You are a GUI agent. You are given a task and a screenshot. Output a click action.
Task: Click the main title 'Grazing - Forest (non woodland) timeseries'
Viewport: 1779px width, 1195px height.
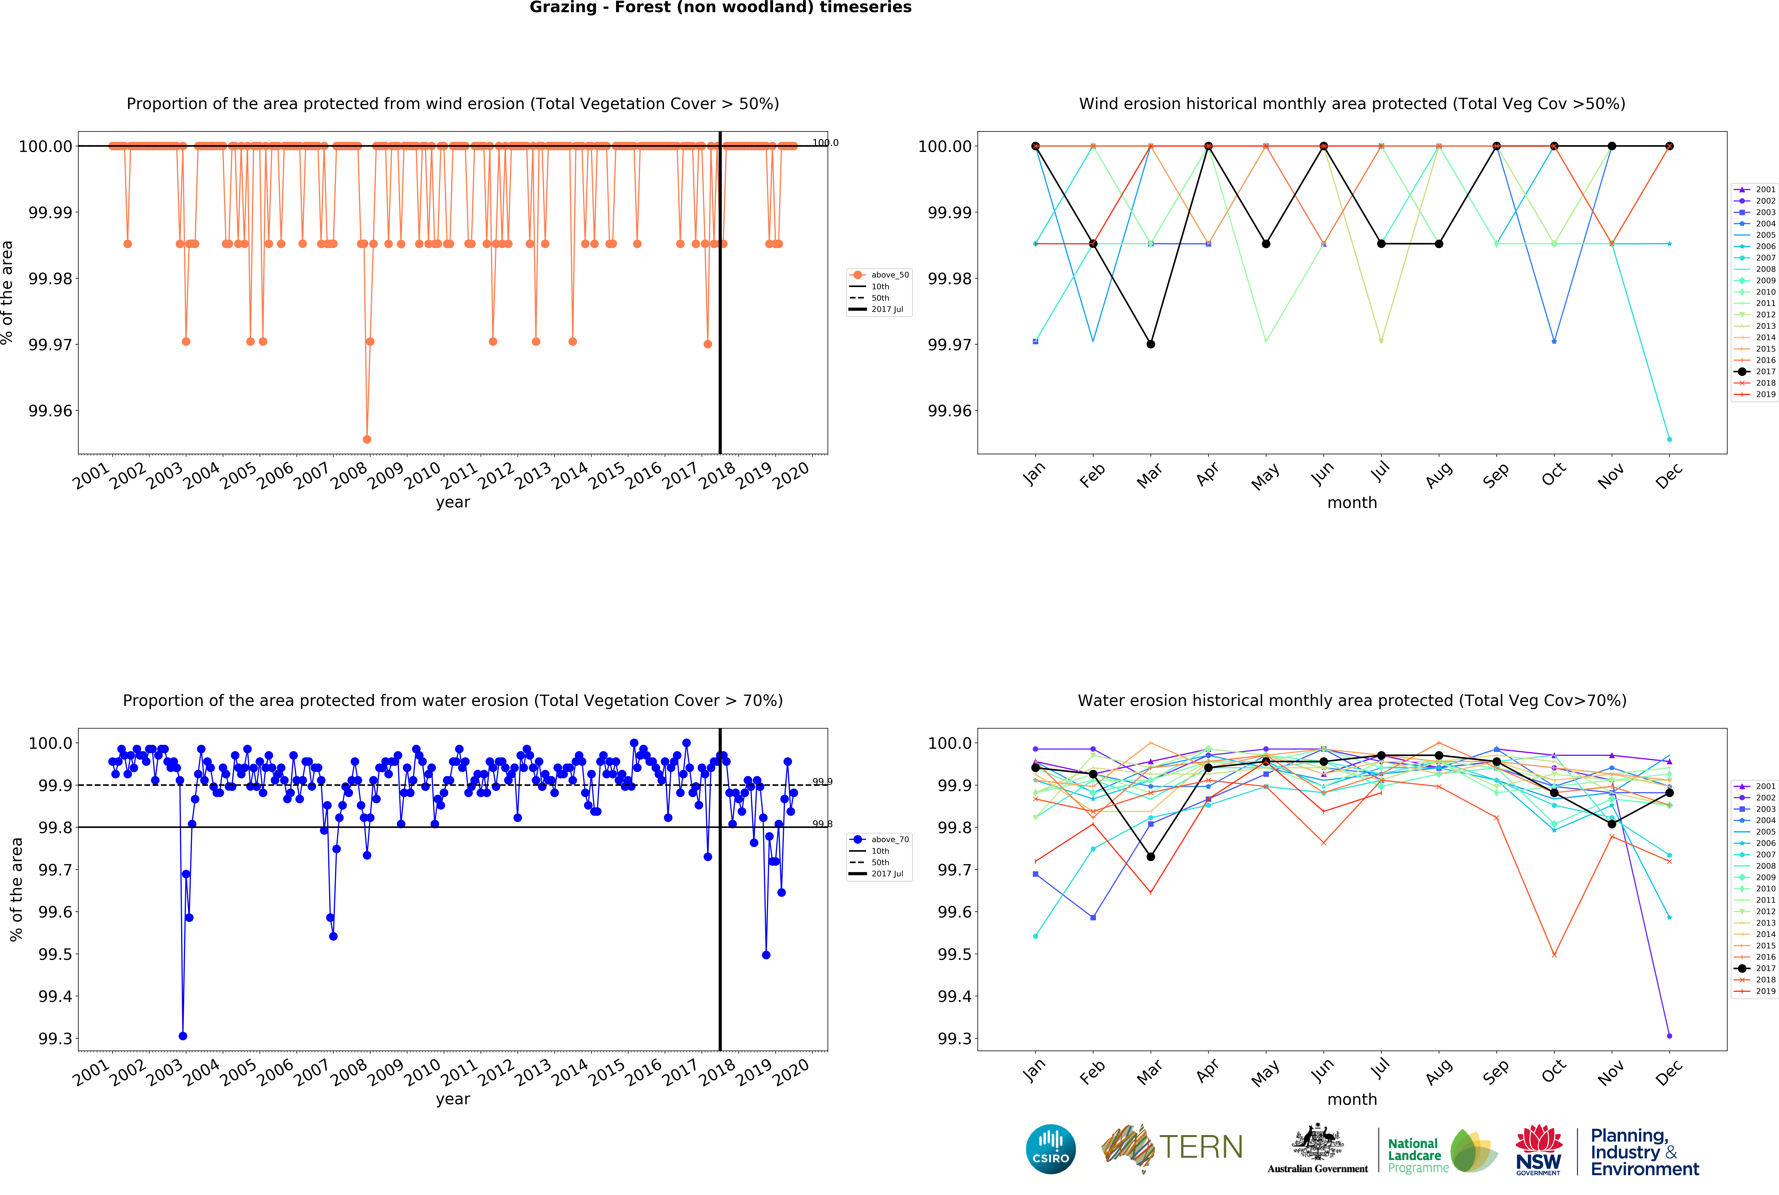(x=720, y=8)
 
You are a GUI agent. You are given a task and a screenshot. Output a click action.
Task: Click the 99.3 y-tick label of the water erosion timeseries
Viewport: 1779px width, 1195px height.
(x=55, y=1039)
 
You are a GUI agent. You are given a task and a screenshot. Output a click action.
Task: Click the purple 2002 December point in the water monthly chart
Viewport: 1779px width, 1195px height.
(x=1669, y=1036)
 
